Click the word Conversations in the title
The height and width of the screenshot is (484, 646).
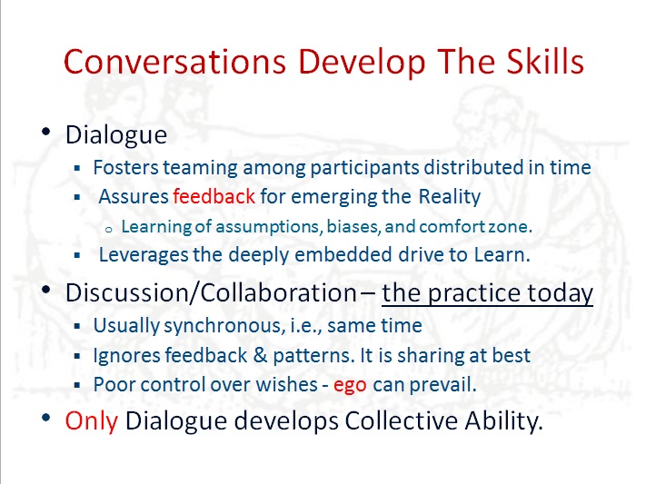pos(174,62)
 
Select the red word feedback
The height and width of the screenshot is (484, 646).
pos(214,196)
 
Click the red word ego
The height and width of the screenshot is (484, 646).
pos(350,386)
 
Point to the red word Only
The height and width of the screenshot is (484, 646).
pos(91,421)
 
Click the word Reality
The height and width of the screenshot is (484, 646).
pos(450,196)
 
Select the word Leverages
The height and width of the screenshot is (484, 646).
pos(144,255)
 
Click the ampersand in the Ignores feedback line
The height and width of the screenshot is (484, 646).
pos(260,355)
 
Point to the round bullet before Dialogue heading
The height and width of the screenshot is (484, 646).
pos(45,132)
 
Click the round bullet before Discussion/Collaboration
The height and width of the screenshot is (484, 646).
pos(45,290)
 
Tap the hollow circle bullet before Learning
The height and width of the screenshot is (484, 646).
pos(109,230)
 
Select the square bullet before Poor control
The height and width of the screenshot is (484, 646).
pos(76,385)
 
